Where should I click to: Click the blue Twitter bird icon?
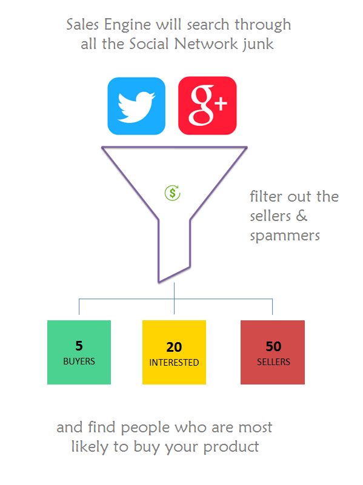[x=136, y=106]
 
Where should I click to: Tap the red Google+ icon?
[x=207, y=106]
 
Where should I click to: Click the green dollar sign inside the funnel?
[x=172, y=193]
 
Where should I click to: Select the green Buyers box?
[x=79, y=352]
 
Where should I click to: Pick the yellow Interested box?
[x=174, y=352]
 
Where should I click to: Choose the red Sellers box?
[x=273, y=352]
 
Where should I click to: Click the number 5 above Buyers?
[x=79, y=346]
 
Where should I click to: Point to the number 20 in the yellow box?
[x=174, y=347]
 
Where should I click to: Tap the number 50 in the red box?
[x=273, y=346]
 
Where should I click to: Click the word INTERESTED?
[x=174, y=363]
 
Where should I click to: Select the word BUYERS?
[x=79, y=361]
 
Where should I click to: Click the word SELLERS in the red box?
[x=273, y=362]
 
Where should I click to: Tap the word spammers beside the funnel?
[x=285, y=236]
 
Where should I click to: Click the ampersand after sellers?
[x=302, y=216]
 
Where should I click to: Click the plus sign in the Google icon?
[x=221, y=104]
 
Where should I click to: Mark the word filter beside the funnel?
[x=266, y=196]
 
